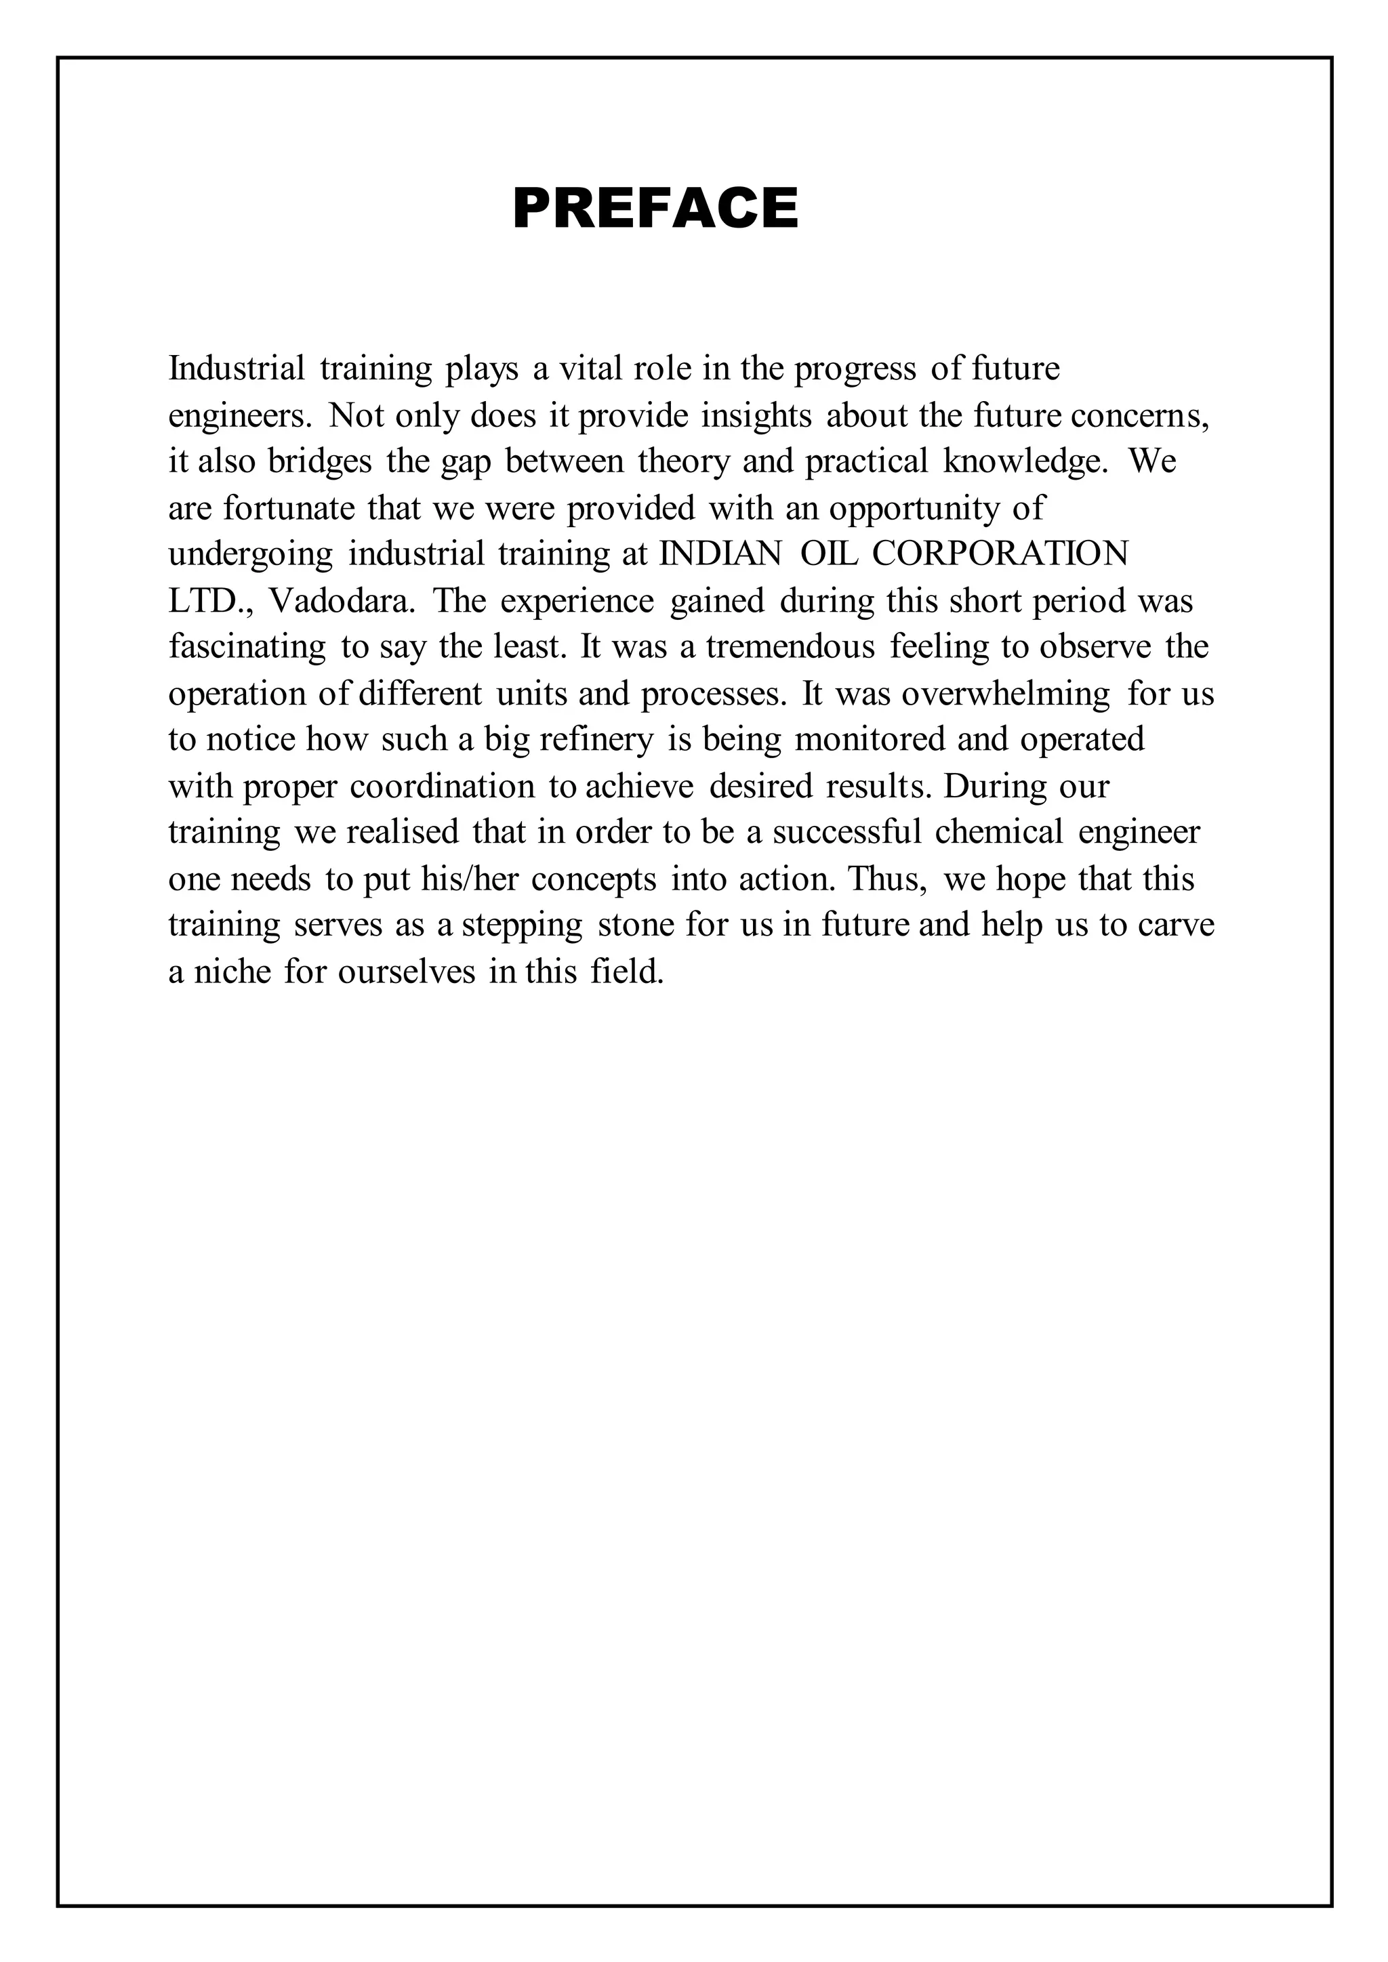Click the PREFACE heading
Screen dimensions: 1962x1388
[655, 209]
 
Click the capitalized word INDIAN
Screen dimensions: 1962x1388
[720, 555]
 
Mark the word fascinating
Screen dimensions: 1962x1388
[247, 647]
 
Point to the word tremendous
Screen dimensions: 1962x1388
[790, 647]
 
